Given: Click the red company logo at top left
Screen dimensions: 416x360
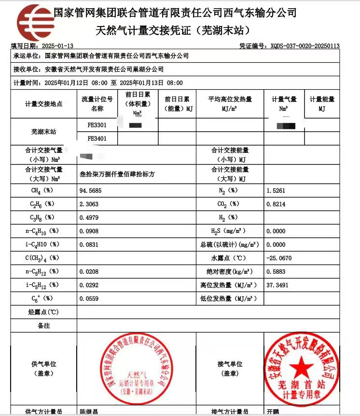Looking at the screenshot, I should coord(33,22).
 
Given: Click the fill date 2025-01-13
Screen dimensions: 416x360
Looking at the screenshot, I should coord(58,46).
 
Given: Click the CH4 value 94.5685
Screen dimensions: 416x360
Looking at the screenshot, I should coord(90,191).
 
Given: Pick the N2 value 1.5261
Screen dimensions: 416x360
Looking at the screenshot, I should coord(276,191).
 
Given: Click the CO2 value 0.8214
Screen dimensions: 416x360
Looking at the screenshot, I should coord(276,204).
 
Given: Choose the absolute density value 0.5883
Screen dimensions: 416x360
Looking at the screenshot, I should coord(276,271).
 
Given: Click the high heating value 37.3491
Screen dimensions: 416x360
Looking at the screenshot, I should coord(277,285).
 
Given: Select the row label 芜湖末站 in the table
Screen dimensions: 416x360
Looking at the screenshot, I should coord(43,132).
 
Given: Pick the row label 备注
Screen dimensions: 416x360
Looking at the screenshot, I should coord(43,326).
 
